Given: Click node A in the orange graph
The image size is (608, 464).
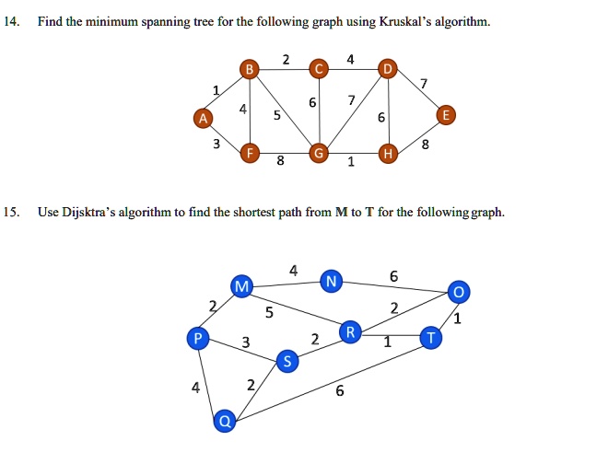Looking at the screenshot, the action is pyautogui.click(x=204, y=118).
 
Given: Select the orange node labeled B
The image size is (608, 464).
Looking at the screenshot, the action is pyautogui.click(x=250, y=69).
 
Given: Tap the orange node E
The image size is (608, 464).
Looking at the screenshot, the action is pyautogui.click(x=446, y=115).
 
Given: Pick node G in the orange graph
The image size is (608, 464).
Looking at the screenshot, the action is pyautogui.click(x=319, y=154).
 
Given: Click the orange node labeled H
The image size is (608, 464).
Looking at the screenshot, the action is pyautogui.click(x=388, y=154).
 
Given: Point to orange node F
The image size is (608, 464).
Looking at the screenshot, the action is pyautogui.click(x=250, y=153).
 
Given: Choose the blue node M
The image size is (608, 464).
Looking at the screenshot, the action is pyautogui.click(x=241, y=286).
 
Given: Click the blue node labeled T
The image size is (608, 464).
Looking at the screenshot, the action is pyautogui.click(x=431, y=338).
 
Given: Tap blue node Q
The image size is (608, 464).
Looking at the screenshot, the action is pyautogui.click(x=225, y=421).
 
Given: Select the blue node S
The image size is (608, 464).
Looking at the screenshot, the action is pyautogui.click(x=287, y=361).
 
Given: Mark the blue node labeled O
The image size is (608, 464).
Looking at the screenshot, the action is pyautogui.click(x=459, y=292).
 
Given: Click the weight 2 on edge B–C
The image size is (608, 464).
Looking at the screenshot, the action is pyautogui.click(x=286, y=60).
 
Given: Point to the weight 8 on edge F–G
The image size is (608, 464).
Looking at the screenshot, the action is pyautogui.click(x=280, y=160).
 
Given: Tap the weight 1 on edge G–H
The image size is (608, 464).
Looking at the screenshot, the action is pyautogui.click(x=351, y=161).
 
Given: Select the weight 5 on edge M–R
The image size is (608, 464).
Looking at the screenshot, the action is pyautogui.click(x=269, y=312).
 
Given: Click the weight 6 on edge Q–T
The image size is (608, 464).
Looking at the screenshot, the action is pyautogui.click(x=340, y=390).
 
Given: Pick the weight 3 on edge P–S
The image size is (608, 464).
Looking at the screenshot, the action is pyautogui.click(x=246, y=342).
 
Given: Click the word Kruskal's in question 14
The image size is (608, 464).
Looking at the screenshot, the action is pyautogui.click(x=405, y=21).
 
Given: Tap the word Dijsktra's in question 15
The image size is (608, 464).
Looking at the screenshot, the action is pyautogui.click(x=88, y=213).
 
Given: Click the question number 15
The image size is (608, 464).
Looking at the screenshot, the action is pyautogui.click(x=12, y=212).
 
